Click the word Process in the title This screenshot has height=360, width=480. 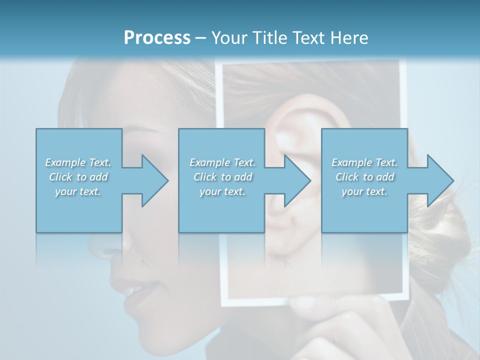[x=157, y=38]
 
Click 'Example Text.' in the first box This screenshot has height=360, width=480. [x=78, y=162]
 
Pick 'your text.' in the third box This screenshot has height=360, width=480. [x=364, y=191]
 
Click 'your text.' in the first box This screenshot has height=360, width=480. [x=78, y=191]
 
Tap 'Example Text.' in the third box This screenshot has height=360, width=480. [x=364, y=162]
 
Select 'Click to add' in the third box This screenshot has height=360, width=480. [x=364, y=177]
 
